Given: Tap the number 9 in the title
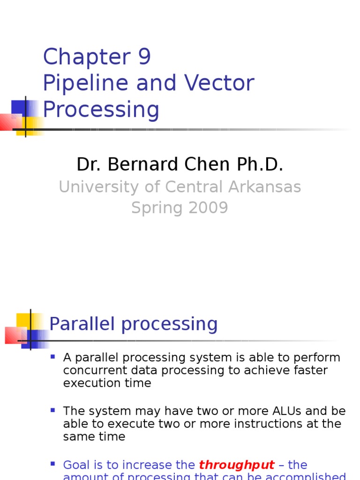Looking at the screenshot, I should pyautogui.click(x=144, y=57).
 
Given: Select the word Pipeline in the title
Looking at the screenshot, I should pyautogui.click(x=85, y=83).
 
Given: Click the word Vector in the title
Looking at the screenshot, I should pyautogui.click(x=219, y=83).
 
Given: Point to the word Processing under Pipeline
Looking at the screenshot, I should pyautogui.click(x=101, y=110).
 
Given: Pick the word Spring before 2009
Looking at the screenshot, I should pyautogui.click(x=154, y=208).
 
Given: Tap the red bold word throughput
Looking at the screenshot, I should pyautogui.click(x=236, y=465).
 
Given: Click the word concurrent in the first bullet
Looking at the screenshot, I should pyautogui.click(x=88, y=370).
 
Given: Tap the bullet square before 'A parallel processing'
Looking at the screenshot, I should pyautogui.click(x=52, y=357).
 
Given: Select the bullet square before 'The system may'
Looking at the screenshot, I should pyautogui.click(x=52, y=411).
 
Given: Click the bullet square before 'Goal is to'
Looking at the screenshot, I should pyautogui.click(x=52, y=464).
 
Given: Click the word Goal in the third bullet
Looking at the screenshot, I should pyautogui.click(x=75, y=465).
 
